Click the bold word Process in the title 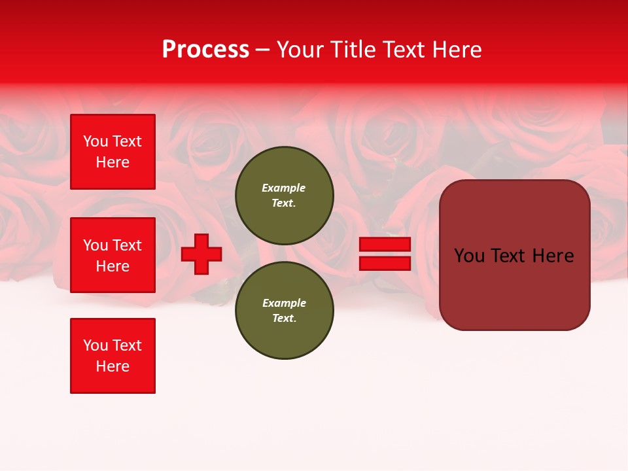click(x=205, y=50)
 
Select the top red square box click(x=113, y=152)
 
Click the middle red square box click(x=113, y=255)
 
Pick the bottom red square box click(x=113, y=356)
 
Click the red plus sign click(x=201, y=254)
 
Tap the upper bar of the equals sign click(x=385, y=245)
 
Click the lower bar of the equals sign click(x=385, y=263)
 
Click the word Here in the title click(x=458, y=50)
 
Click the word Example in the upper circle click(x=284, y=188)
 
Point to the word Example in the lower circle click(x=284, y=303)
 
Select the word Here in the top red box click(x=113, y=162)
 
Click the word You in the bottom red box click(x=95, y=345)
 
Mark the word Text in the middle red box click(x=126, y=245)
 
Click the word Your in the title click(x=302, y=50)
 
